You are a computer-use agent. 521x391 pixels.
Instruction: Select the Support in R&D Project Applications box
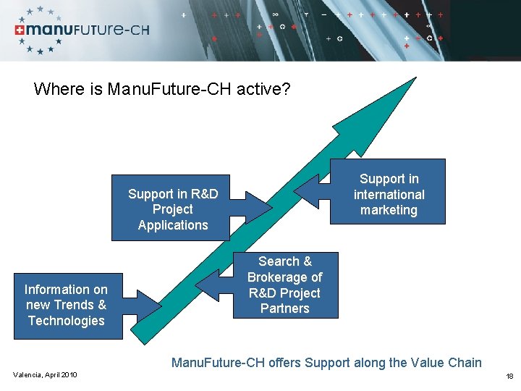(x=171, y=209)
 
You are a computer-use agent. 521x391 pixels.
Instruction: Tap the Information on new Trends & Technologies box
(x=65, y=305)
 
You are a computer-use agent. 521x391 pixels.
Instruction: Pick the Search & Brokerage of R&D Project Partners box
(x=284, y=285)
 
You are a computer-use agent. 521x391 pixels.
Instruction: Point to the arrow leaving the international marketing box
(x=311, y=190)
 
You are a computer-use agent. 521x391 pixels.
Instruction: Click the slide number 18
(x=509, y=376)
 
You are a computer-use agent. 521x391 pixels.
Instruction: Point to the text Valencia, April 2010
(x=45, y=374)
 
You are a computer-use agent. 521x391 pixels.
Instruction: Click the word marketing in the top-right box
(x=389, y=211)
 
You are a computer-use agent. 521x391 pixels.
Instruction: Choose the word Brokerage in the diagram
(x=285, y=277)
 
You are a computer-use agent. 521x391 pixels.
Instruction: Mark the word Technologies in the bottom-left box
(x=66, y=321)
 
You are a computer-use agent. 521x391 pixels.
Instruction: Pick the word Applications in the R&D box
(x=172, y=225)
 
